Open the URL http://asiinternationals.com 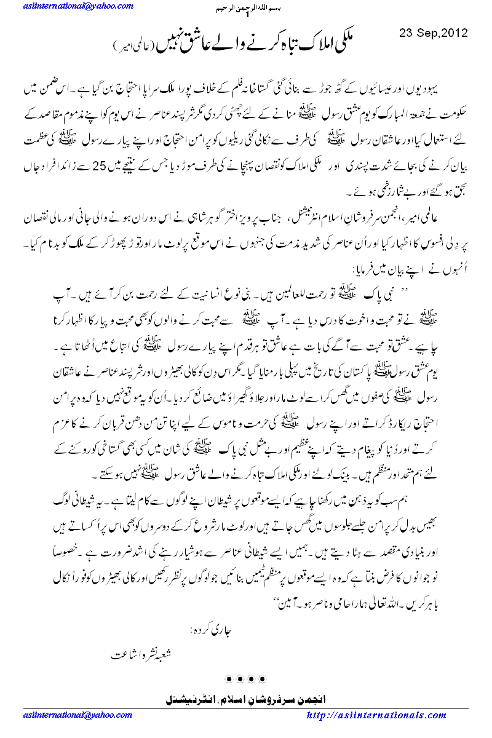pyautogui.click(x=376, y=716)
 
